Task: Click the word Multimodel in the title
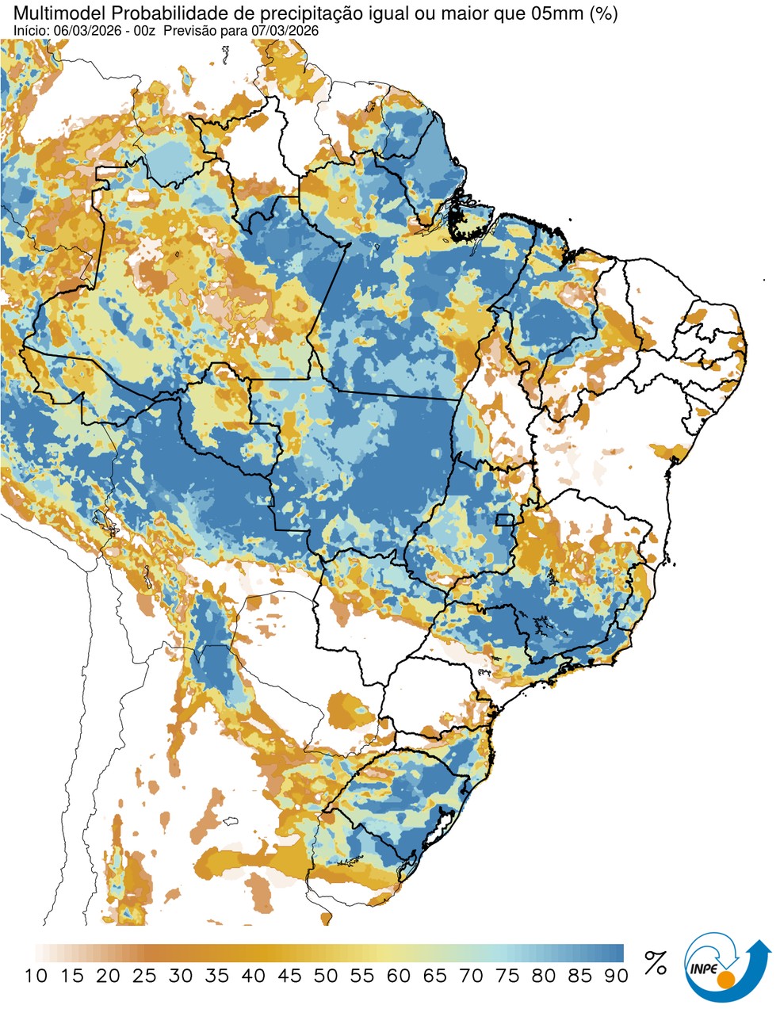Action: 54,13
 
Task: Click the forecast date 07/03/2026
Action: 283,30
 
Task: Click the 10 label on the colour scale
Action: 35,976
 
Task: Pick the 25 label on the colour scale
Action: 144,976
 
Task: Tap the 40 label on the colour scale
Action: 253,976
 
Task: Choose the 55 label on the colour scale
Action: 362,976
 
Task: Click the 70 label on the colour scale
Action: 471,976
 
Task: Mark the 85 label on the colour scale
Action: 580,976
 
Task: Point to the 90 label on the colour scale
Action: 616,976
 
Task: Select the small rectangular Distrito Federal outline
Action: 503,520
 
